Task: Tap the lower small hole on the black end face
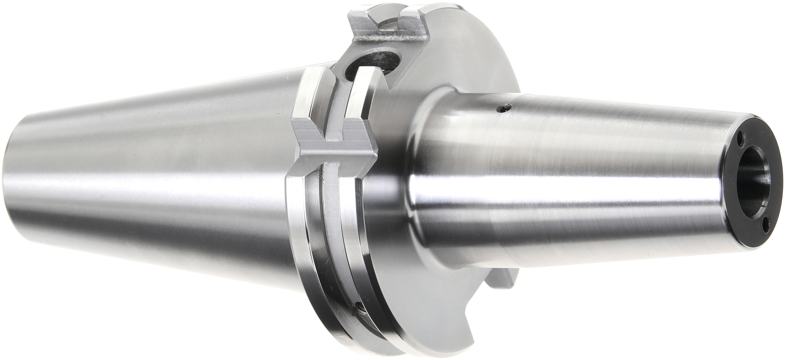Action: pos(766,223)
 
